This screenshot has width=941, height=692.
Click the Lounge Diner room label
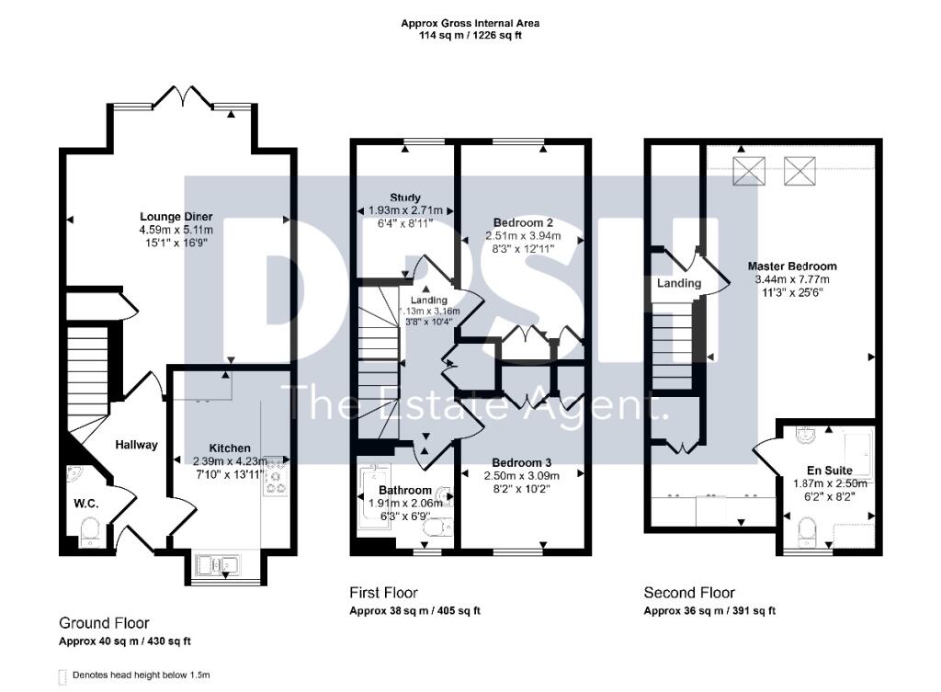(x=176, y=216)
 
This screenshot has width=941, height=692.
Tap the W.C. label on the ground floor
(x=85, y=503)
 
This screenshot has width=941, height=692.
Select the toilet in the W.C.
(x=90, y=532)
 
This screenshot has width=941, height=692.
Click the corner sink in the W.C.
(x=76, y=476)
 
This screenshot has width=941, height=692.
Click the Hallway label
(x=136, y=445)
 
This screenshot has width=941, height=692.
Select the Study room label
(x=404, y=198)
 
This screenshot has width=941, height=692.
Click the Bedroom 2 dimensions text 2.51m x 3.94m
(x=522, y=235)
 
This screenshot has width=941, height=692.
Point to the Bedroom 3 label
(x=522, y=461)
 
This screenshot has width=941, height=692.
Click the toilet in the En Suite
(x=807, y=530)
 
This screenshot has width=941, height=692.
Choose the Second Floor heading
(x=689, y=593)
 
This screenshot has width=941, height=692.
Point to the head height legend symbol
(x=62, y=675)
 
